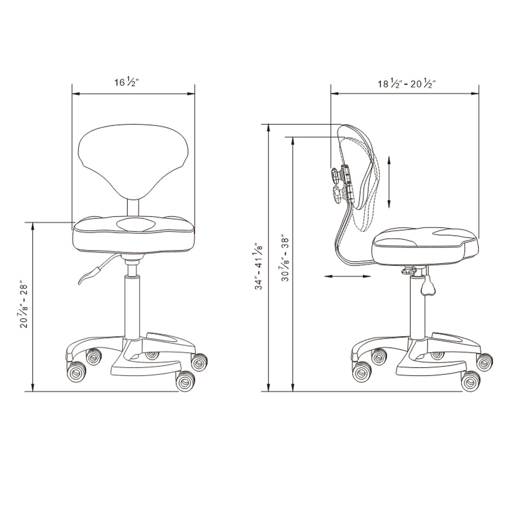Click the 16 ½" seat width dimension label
126,82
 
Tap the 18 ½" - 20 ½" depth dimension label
406,84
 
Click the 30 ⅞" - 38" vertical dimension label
285,258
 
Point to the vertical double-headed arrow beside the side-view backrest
389,182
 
